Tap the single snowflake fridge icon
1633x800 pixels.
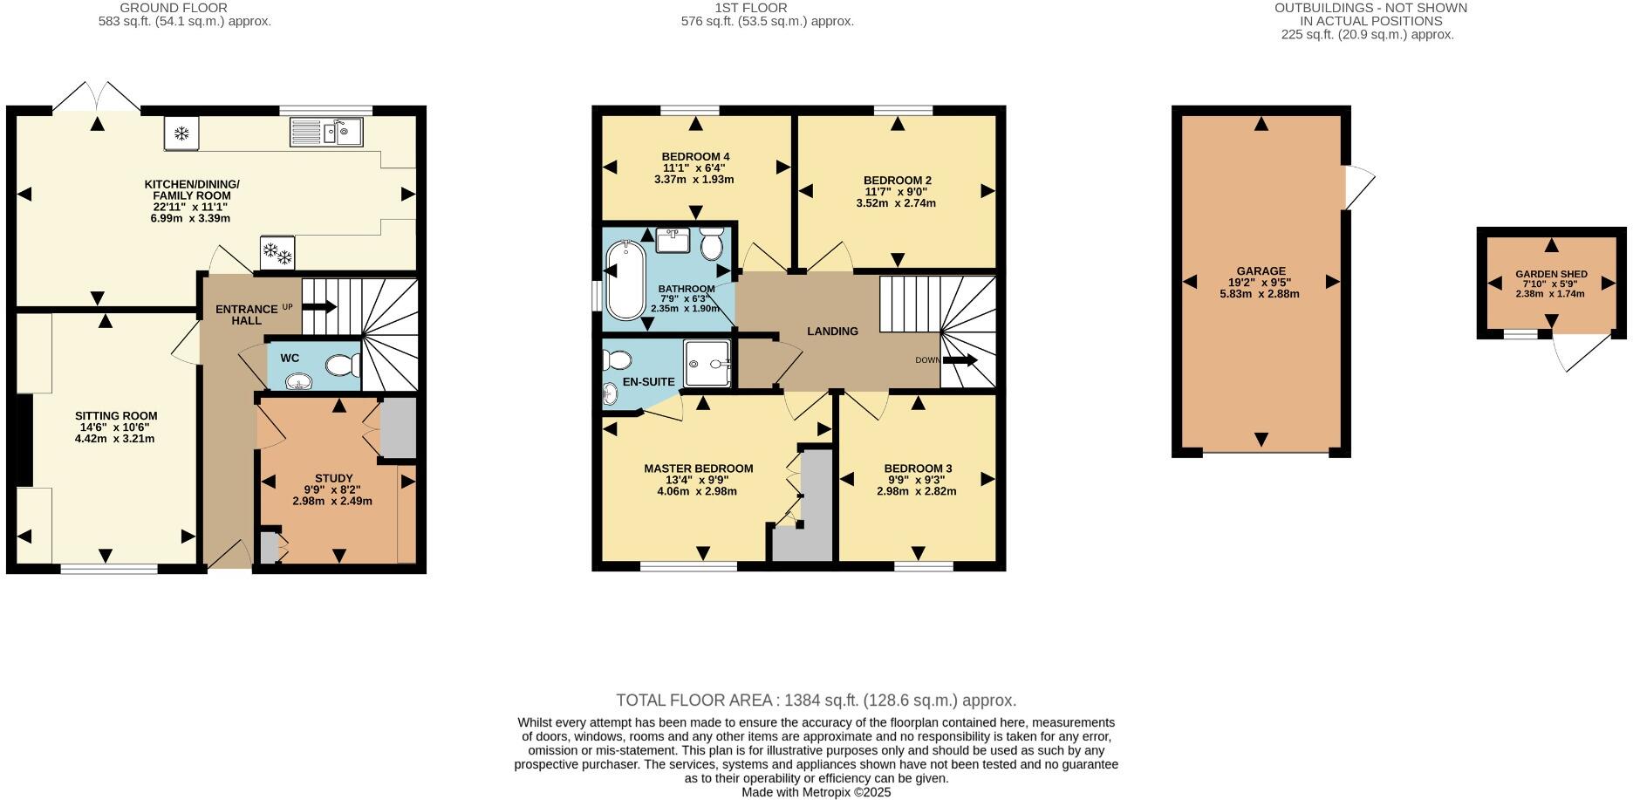click(x=181, y=133)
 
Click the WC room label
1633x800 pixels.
click(x=290, y=358)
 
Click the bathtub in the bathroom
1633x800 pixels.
click(x=625, y=281)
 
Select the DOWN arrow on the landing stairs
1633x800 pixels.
click(x=960, y=360)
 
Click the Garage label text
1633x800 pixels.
click(x=1261, y=271)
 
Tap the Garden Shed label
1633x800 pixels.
click(x=1551, y=274)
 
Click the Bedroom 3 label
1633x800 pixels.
click(x=918, y=468)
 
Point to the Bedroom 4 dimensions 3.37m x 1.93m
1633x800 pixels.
click(x=694, y=180)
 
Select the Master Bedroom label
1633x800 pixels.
click(x=698, y=468)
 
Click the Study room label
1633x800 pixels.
click(x=333, y=478)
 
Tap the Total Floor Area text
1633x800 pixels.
click(x=816, y=700)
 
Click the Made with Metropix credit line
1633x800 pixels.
click(x=816, y=792)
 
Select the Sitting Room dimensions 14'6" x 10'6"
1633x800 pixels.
click(x=115, y=427)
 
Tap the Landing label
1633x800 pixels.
click(x=832, y=332)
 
